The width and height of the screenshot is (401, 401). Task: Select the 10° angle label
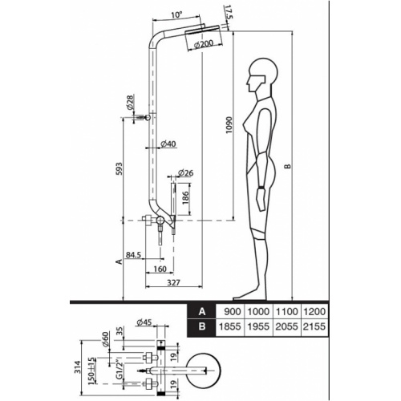176,14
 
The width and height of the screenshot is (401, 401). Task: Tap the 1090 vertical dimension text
229,125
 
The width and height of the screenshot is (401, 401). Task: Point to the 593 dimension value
119,168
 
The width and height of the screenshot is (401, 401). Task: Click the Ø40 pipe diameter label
168,144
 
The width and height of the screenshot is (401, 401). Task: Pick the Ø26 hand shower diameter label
185,172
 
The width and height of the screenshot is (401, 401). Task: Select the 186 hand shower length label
186,198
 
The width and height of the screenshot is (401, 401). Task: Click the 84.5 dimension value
133,255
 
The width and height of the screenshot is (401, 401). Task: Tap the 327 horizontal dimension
173,282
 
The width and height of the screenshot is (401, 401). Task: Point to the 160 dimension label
160,269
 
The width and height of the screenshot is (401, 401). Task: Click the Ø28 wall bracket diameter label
130,102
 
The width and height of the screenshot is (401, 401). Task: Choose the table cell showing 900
233,311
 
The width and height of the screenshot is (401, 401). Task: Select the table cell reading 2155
314,326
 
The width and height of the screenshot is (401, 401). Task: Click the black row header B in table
202,326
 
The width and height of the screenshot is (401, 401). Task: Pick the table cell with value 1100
286,311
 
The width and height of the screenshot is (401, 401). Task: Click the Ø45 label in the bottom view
144,322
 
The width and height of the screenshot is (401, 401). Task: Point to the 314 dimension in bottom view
78,368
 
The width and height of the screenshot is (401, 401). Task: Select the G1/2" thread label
120,370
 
